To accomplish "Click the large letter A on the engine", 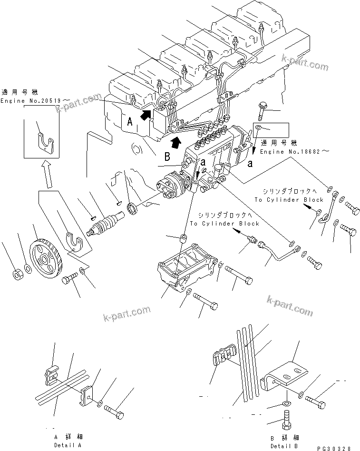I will [130, 122].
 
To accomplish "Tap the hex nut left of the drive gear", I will [15, 275].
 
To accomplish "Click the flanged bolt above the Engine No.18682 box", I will [263, 110].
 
